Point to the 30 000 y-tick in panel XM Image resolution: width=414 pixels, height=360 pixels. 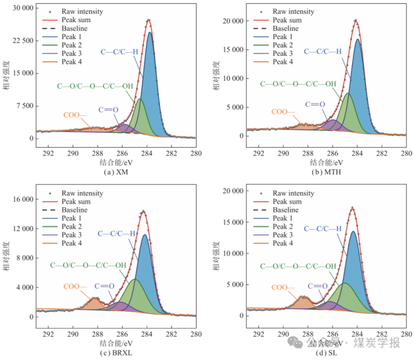21,8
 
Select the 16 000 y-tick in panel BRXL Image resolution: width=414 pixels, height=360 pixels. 21,199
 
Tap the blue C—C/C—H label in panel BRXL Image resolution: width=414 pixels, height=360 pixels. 117,234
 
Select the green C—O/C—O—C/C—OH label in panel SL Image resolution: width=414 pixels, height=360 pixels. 298,266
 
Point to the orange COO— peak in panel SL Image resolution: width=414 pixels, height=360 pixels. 304,298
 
